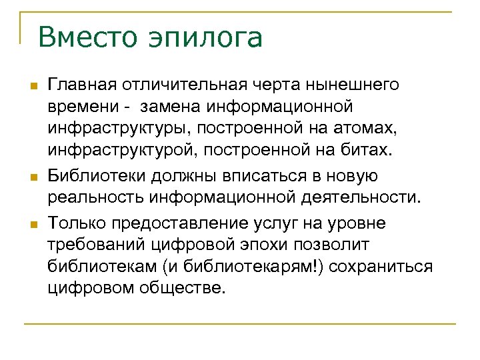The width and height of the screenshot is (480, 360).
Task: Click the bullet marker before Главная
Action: (x=31, y=87)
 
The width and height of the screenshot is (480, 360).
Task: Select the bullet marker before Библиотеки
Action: (x=31, y=177)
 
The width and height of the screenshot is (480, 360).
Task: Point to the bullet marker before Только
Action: (x=31, y=223)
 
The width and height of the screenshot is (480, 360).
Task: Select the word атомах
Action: (x=367, y=130)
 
